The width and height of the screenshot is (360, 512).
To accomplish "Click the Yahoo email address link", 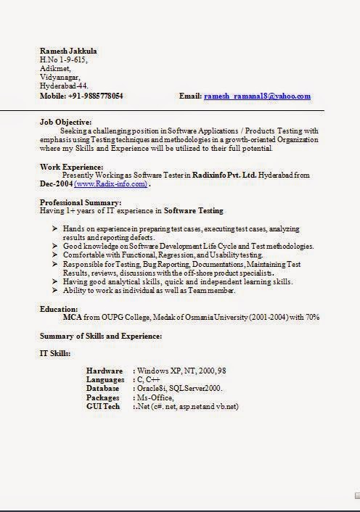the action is click(257, 96).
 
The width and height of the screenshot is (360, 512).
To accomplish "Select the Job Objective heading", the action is click(65, 122).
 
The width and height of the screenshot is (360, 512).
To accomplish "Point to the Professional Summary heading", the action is click(80, 202).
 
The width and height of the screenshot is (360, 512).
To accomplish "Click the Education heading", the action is click(59, 309).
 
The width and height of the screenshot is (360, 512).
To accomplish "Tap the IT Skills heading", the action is click(55, 353).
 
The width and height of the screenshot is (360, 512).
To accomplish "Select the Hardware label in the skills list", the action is click(104, 371).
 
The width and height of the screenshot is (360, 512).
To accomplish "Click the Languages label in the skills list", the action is click(105, 380).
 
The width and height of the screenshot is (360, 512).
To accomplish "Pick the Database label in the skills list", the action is click(105, 389).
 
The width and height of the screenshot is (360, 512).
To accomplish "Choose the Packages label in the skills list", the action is click(104, 397).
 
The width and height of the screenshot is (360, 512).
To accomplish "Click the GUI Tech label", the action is click(103, 406).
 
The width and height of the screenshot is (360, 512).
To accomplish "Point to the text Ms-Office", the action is click(153, 397).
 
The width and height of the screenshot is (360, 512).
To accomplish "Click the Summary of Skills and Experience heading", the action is click(100, 336).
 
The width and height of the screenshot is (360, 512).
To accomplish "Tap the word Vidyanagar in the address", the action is click(60, 77).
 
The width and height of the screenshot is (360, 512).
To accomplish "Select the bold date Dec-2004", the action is click(56, 184).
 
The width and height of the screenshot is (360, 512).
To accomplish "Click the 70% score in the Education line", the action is click(312, 318).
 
